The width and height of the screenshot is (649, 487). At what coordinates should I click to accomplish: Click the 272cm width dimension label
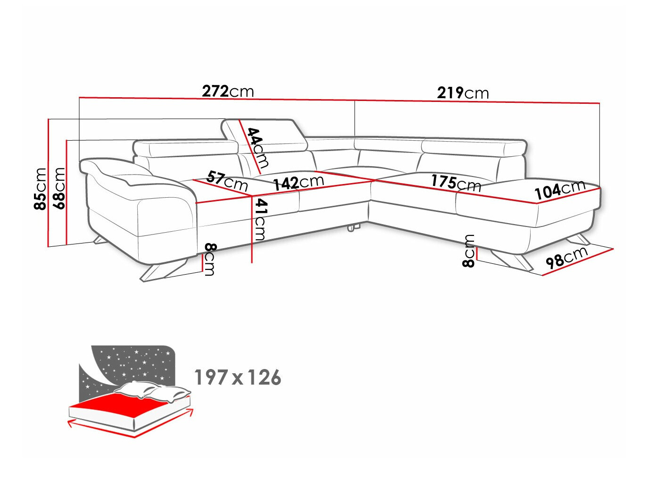[228, 91]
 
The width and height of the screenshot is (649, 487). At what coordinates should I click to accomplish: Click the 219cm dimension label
[463, 92]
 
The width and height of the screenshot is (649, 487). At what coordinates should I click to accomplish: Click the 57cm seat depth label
[227, 181]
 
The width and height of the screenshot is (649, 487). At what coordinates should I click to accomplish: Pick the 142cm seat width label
[299, 182]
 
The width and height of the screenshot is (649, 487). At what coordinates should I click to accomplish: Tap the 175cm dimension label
[456, 183]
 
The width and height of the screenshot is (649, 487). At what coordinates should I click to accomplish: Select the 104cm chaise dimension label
[560, 190]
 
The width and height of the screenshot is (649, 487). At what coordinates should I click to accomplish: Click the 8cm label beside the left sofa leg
[210, 259]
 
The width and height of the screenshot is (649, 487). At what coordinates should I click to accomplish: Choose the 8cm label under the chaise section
[469, 251]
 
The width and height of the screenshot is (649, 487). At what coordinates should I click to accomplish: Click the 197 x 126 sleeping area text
[238, 378]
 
